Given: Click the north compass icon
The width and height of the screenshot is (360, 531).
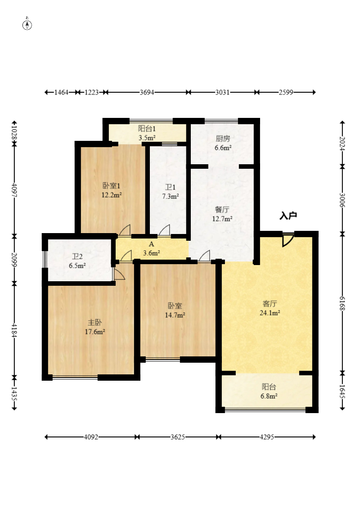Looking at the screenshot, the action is point(27,24).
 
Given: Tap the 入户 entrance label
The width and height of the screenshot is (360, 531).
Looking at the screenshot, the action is point(288,216).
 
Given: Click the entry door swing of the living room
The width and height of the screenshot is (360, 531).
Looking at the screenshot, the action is point(288,240).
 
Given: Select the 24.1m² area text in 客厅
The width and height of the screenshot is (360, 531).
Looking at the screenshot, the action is point(270,313).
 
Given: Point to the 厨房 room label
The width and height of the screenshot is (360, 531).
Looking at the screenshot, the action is point(223,139).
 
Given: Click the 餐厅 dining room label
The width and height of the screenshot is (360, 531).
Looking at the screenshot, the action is point(222,210).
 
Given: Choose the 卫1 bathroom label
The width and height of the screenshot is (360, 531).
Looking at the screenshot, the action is point(171,187).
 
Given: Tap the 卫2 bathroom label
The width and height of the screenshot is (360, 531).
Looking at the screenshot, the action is point(77,256).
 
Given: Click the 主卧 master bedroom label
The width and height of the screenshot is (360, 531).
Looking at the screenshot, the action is point(95,322).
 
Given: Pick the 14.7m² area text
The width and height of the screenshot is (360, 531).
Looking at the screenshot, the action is point(175,315).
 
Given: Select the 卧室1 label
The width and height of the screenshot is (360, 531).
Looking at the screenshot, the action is point(112,186).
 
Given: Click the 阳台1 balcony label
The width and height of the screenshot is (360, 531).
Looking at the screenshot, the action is point(147,129).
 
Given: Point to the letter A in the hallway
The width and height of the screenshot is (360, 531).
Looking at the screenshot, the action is point(151,244).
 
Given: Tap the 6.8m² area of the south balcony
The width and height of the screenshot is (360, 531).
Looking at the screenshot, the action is point(269,396).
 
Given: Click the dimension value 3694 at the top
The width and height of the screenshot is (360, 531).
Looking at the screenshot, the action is point(147,92).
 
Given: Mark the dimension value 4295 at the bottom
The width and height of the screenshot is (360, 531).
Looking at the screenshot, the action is point(267,437).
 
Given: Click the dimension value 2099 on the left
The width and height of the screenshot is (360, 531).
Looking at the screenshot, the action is point(14,259).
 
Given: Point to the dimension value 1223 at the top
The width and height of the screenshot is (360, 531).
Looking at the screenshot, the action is point(91,92).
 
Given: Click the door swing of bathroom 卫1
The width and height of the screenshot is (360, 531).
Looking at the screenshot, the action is point(164,230).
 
